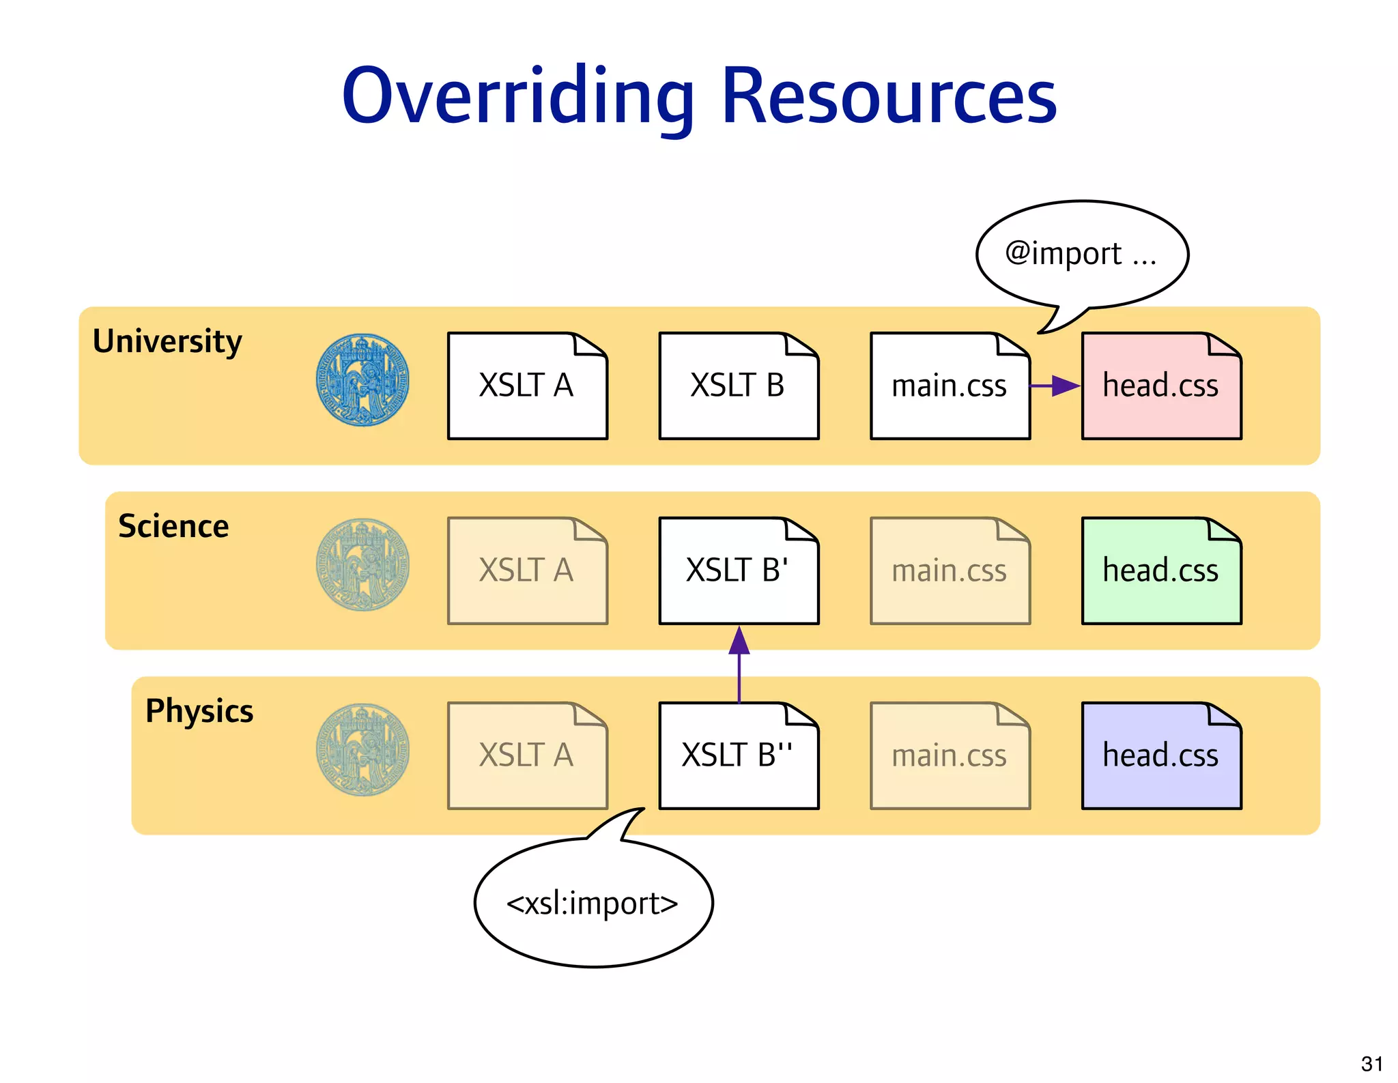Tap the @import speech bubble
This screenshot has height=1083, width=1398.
pos(1082,254)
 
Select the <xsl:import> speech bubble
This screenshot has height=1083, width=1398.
pos(593,903)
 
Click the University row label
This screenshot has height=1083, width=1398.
pos(167,341)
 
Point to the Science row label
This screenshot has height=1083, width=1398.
pos(173,526)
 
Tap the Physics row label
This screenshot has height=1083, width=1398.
pos(199,711)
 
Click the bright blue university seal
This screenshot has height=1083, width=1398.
pos(362,380)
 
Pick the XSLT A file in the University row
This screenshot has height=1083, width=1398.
pos(527,386)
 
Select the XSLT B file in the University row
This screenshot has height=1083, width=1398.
pos(738,386)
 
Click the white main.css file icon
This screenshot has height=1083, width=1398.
pos(950,386)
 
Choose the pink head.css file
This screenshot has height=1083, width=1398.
pos(1161,386)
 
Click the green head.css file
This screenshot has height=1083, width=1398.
pos(1161,571)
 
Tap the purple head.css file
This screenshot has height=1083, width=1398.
pos(1161,756)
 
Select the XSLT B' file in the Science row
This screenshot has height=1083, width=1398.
pos(738,571)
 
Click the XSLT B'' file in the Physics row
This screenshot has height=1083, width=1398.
pos(738,756)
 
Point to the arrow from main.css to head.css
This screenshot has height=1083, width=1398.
pos(1055,386)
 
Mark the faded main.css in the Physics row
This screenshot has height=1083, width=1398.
pos(950,756)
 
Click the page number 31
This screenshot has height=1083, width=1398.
pos(1371,1064)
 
